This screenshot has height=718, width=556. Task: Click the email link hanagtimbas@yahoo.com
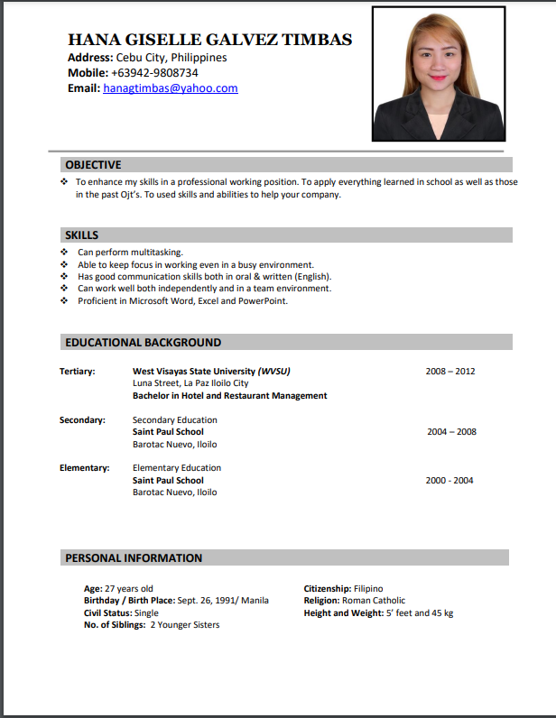point(171,88)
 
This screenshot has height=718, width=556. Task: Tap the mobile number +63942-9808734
point(154,73)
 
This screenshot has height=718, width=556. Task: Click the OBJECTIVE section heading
point(93,165)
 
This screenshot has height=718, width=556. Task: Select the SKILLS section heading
point(82,235)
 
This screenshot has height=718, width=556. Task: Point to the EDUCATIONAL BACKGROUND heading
point(143,343)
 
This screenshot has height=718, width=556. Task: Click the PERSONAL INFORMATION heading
point(134,558)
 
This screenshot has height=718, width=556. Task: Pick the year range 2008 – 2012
point(450,371)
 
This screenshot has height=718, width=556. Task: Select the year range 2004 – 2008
point(451,432)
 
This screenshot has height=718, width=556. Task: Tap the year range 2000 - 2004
point(449,481)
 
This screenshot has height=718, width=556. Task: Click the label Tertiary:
point(78,371)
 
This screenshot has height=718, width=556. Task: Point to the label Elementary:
point(84,468)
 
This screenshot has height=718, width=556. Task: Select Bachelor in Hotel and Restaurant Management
point(229,396)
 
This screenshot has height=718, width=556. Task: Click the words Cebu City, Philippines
point(171,58)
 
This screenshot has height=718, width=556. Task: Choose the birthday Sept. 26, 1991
point(208,601)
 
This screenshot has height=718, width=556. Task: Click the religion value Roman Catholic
point(374,601)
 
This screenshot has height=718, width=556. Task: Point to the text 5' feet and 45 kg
point(420,613)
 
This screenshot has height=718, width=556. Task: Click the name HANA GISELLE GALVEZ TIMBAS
point(209,40)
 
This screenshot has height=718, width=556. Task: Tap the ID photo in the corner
point(439,74)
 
